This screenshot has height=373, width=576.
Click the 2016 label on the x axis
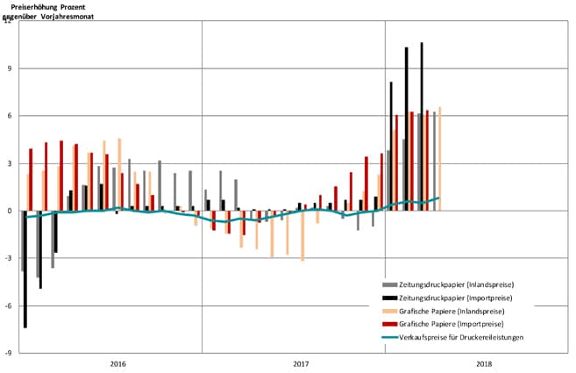tap(118, 363)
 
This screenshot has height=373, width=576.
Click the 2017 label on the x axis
tap(301, 363)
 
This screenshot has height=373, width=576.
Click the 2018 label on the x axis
tap(483, 363)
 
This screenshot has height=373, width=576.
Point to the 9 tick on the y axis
tap(10, 68)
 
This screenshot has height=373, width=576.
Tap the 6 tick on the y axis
tap(10, 116)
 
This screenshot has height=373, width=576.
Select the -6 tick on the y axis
tap(8, 305)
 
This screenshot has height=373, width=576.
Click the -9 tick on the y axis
tap(8, 353)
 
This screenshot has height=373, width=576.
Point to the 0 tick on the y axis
tap(10, 211)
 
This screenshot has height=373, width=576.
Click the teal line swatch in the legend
tap(390, 338)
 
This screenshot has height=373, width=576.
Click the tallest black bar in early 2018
tap(422, 123)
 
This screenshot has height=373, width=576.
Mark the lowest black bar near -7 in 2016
tap(25, 269)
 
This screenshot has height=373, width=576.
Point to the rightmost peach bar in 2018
tap(439, 158)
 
